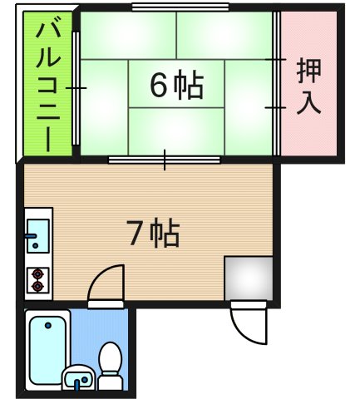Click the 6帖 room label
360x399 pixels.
(176, 85)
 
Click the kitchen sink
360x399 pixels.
(37, 235)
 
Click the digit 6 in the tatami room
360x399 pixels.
(159, 85)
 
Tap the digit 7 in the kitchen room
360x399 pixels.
(136, 236)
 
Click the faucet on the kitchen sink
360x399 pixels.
(32, 237)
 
